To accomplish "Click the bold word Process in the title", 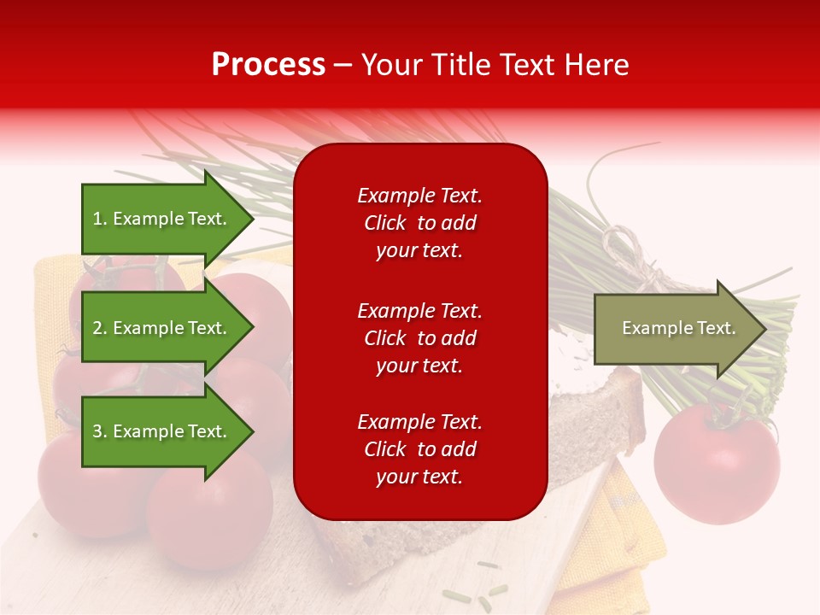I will pos(268,65).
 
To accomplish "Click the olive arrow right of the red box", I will pos(675,329).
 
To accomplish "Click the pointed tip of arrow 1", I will pos(252,219).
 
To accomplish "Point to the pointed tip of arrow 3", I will pos(252,431).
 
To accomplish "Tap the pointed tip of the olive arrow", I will pos(764,329).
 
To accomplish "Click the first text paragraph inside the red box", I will pos(419,223).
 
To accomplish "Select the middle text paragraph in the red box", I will pos(419,338).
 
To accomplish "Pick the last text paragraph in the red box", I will pos(419,449).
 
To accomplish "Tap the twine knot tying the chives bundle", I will pos(634,256).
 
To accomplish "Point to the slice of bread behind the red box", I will pos(598,410).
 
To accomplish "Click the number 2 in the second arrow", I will pos(97,328).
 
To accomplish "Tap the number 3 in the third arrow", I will pos(97,431).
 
